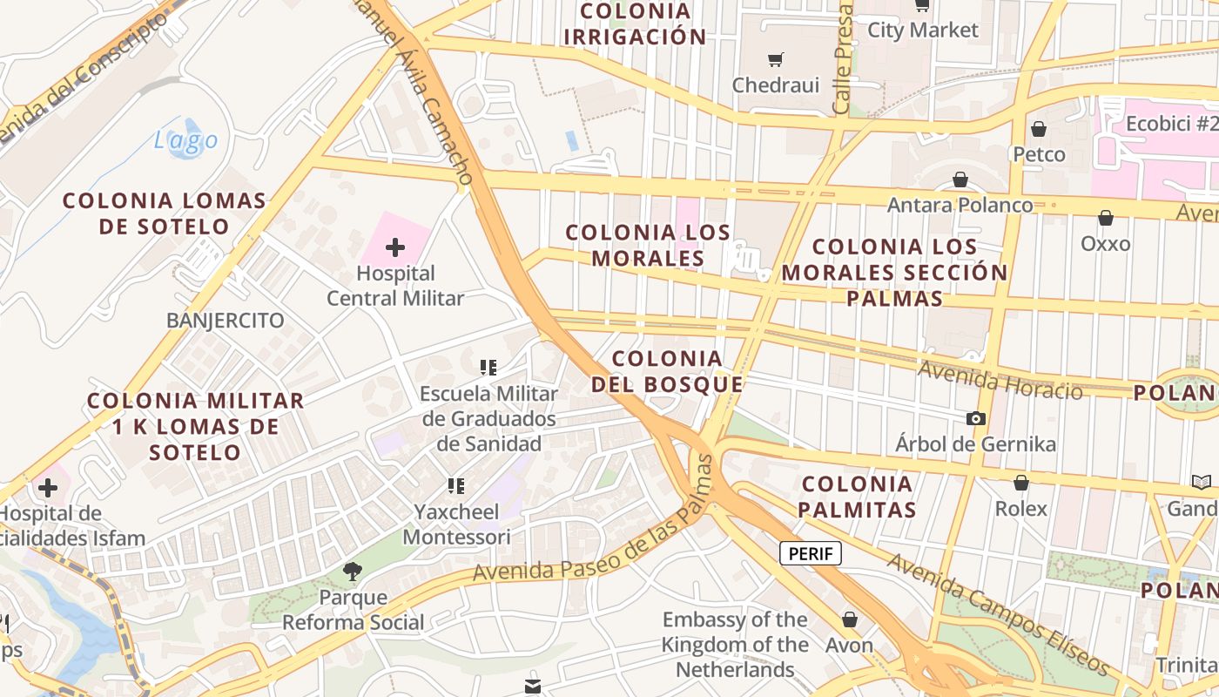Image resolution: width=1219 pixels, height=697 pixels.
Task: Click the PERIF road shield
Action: click(810, 553)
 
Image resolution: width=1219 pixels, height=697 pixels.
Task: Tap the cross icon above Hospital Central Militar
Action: click(395, 247)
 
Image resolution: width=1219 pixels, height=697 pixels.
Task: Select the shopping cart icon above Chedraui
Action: click(775, 59)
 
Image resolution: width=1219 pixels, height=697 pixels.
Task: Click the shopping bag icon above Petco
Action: click(1038, 129)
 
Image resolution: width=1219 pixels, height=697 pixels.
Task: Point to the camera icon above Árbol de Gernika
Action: click(975, 418)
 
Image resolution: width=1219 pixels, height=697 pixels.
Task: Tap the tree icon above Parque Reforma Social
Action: click(353, 572)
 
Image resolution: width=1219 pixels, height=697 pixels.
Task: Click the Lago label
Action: click(185, 140)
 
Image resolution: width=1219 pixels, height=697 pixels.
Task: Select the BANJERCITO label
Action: click(225, 321)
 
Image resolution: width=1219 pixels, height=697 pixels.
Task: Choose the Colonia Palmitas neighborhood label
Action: click(858, 497)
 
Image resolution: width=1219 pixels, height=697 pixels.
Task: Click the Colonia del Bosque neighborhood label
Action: click(667, 371)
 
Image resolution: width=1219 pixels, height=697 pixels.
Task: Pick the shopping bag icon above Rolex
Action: click(1020, 482)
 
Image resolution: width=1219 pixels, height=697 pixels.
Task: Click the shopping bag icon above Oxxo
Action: click(1105, 218)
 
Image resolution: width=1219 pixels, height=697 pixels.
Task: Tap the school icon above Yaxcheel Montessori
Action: click(455, 485)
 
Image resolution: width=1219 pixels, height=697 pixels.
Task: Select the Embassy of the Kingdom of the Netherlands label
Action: click(735, 645)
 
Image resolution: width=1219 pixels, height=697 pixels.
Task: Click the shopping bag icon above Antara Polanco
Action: click(960, 179)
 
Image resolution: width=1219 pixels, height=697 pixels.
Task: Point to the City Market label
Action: click(923, 30)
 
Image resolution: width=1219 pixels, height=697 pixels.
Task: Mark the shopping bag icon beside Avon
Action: click(849, 619)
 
